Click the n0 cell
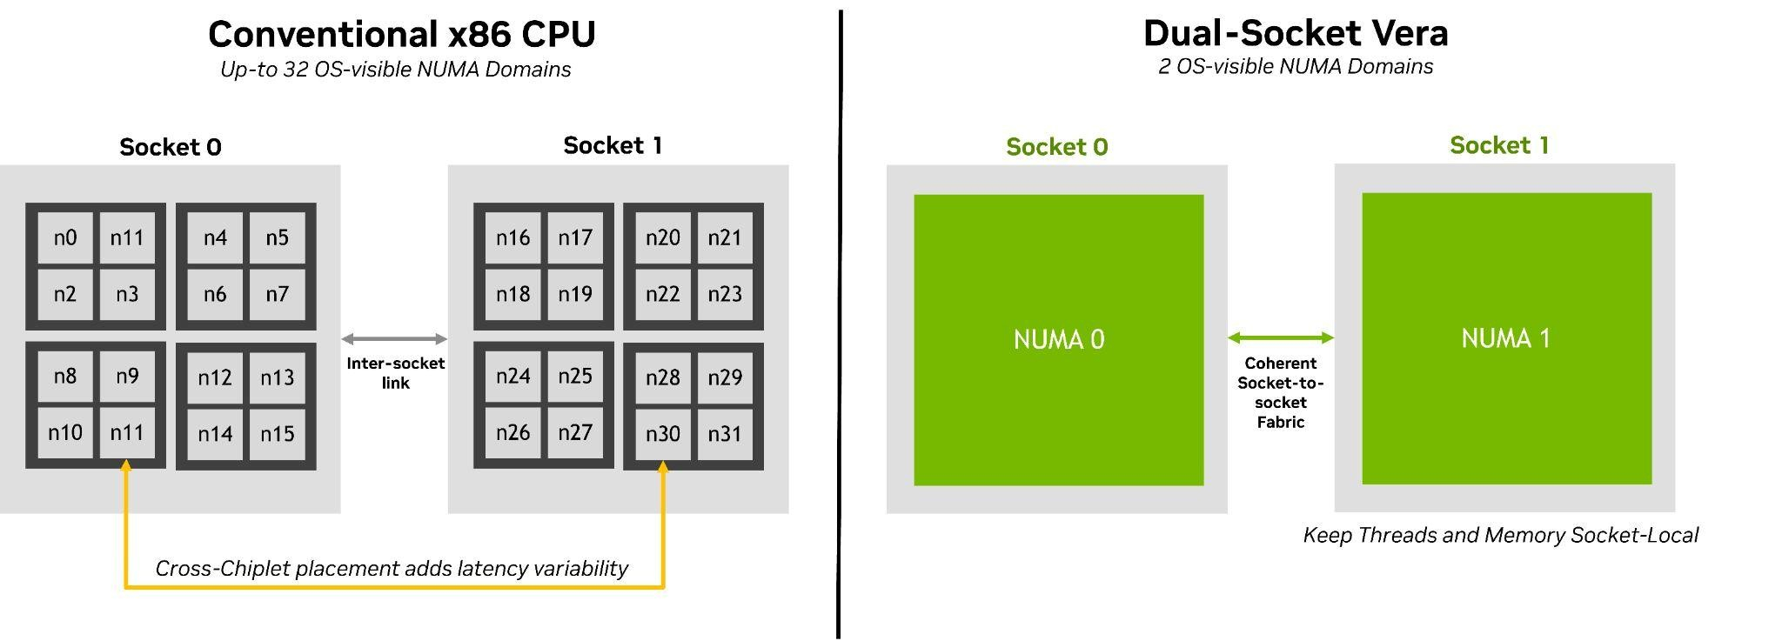(x=65, y=237)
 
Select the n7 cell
(x=277, y=294)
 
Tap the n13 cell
(x=277, y=377)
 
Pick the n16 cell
(x=513, y=237)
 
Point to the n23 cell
(x=725, y=294)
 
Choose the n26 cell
(x=513, y=432)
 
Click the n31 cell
(x=725, y=433)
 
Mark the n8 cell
(x=65, y=376)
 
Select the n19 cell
(x=575, y=294)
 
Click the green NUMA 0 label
(x=1059, y=339)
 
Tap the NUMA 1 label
(x=1505, y=338)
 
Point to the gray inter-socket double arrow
(x=394, y=339)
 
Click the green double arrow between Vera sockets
(x=1281, y=337)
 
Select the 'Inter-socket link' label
(x=395, y=372)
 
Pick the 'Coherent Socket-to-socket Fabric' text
(x=1281, y=392)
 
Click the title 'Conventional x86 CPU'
(x=402, y=34)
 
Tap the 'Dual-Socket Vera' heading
(x=1296, y=33)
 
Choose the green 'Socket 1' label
(x=1499, y=145)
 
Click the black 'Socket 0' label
(x=171, y=147)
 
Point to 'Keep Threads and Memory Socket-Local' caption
(x=1500, y=535)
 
